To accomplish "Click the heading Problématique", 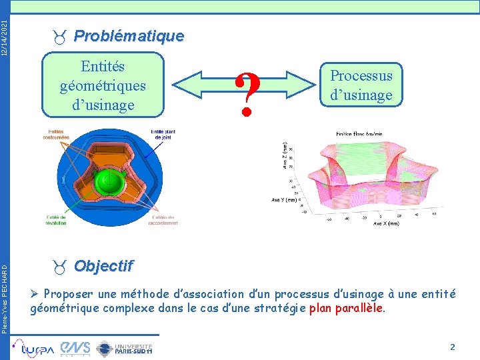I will (128, 36).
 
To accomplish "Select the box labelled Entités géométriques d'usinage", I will (103, 86).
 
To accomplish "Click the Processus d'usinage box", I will (362, 85).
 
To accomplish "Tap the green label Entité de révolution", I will (57, 219).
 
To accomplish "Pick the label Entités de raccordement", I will (164, 219).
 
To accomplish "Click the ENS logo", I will (75, 347).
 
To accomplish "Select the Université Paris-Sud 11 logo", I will (125, 347).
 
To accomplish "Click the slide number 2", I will (452, 347).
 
